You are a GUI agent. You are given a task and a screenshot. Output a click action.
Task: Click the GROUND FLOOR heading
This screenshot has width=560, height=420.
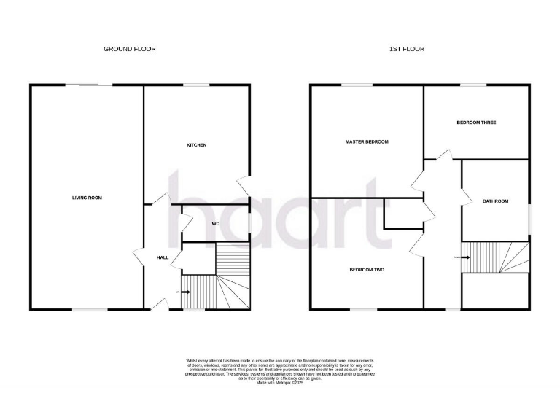(129, 49)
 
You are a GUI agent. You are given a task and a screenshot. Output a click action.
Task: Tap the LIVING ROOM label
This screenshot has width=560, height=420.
(86, 198)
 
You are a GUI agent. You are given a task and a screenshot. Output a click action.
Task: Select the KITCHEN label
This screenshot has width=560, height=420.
(197, 145)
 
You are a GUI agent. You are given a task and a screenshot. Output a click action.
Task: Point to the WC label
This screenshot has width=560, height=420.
(216, 223)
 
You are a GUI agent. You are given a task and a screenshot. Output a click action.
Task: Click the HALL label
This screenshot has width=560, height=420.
(163, 257)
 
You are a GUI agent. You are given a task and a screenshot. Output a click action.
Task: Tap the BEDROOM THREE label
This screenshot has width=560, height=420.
(476, 122)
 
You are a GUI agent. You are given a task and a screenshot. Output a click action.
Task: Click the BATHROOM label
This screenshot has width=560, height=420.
(494, 201)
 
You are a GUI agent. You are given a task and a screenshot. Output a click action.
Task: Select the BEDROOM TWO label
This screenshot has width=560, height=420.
(367, 270)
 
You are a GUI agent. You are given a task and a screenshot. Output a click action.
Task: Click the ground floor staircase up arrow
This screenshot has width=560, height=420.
(184, 292)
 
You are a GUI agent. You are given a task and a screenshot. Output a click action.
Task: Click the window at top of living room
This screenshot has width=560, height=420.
(90, 85)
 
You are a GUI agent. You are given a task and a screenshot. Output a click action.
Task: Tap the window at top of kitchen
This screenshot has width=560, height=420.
(196, 85)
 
